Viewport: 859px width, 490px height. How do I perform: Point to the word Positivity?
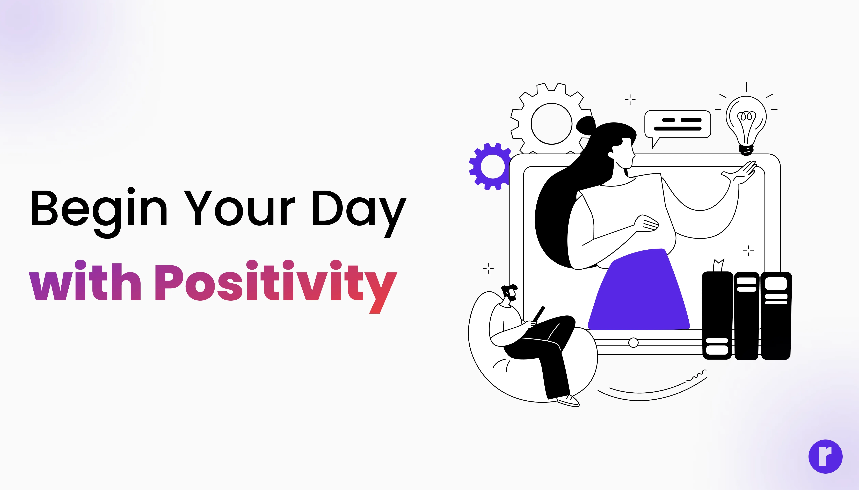tap(276, 286)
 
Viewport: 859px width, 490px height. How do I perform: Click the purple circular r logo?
tap(825, 456)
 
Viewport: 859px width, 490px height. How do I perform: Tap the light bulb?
tap(746, 125)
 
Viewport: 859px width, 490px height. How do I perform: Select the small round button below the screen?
tap(633, 343)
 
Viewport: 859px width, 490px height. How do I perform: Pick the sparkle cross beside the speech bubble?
tap(630, 99)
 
